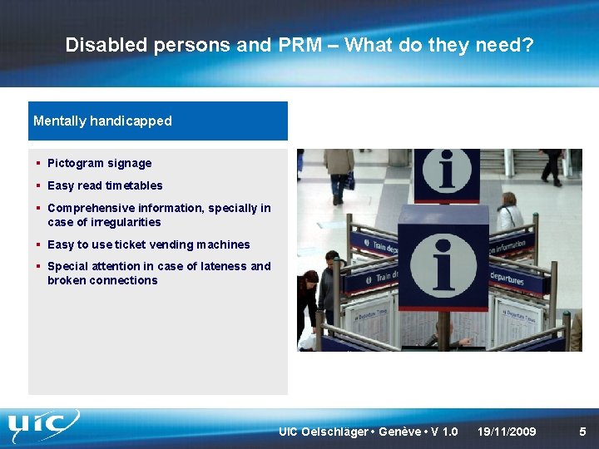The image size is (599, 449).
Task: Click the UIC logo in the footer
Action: coord(43,427)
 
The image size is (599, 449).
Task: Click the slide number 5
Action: coord(582,432)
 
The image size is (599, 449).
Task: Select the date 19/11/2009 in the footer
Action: coord(507,432)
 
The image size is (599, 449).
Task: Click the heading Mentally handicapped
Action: coord(102,121)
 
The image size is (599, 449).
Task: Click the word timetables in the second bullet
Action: coord(133,185)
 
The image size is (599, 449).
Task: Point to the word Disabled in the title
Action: coord(106,45)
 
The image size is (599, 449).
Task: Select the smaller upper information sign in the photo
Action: coord(446,174)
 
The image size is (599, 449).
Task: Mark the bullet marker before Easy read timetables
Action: coord(39,185)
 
